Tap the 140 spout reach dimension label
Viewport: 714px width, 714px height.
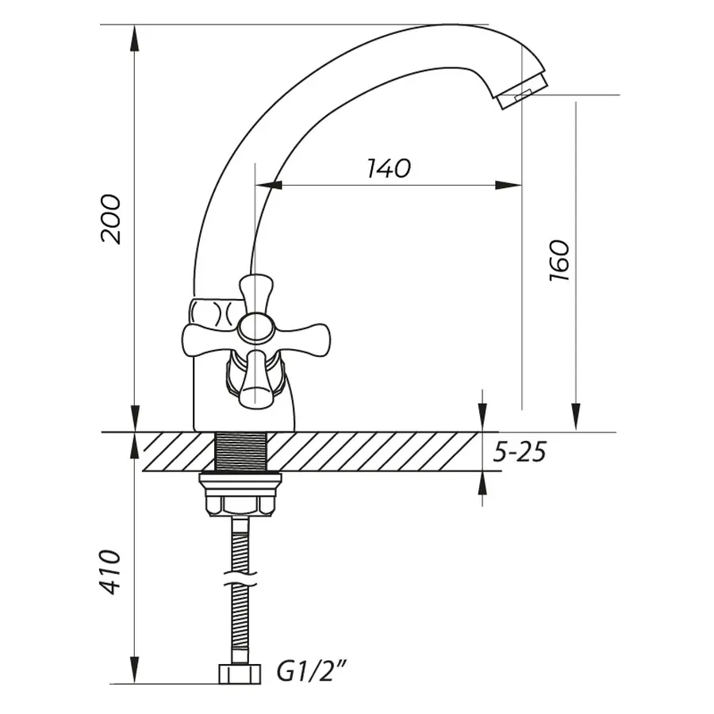[x=389, y=168]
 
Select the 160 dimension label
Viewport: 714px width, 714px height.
[x=559, y=260]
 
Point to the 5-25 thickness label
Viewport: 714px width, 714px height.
[x=520, y=452]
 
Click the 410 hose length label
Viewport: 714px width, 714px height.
[x=110, y=572]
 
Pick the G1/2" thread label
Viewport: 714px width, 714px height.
[x=312, y=672]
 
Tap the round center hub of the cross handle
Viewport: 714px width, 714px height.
[x=255, y=328]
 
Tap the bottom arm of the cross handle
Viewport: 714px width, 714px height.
[x=255, y=379]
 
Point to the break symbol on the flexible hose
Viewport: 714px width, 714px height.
[x=240, y=578]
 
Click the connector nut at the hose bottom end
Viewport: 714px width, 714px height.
[x=240, y=674]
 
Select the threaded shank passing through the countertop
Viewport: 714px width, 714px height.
[x=240, y=451]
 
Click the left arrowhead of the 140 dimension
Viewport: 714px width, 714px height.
[x=269, y=185]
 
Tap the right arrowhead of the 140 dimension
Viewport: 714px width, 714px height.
[x=509, y=185]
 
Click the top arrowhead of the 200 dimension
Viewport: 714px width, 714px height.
[x=135, y=38]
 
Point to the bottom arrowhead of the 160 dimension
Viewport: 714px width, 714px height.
[x=576, y=416]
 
